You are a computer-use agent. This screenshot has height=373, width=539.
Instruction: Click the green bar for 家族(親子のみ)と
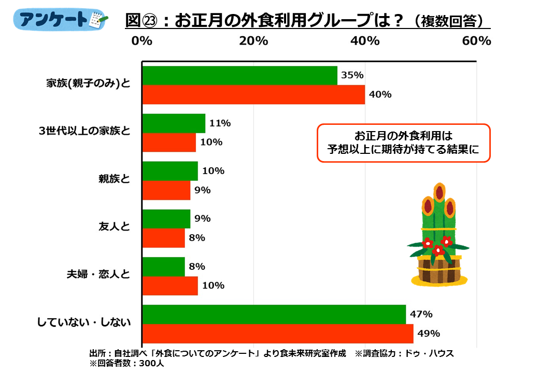[239, 76]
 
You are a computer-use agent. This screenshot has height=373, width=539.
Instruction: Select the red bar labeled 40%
[253, 94]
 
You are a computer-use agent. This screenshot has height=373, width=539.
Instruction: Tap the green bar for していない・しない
[274, 314]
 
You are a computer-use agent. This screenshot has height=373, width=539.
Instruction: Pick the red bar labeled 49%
[278, 333]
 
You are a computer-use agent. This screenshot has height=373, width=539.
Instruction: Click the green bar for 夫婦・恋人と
[163, 266]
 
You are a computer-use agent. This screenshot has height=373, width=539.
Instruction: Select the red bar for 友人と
[163, 238]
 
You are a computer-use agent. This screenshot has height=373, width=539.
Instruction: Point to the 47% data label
[421, 314]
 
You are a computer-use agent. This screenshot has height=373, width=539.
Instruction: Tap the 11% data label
[220, 123]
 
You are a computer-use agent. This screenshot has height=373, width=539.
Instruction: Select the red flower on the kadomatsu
[438, 251]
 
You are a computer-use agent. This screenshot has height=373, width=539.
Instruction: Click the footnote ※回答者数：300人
[127, 363]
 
